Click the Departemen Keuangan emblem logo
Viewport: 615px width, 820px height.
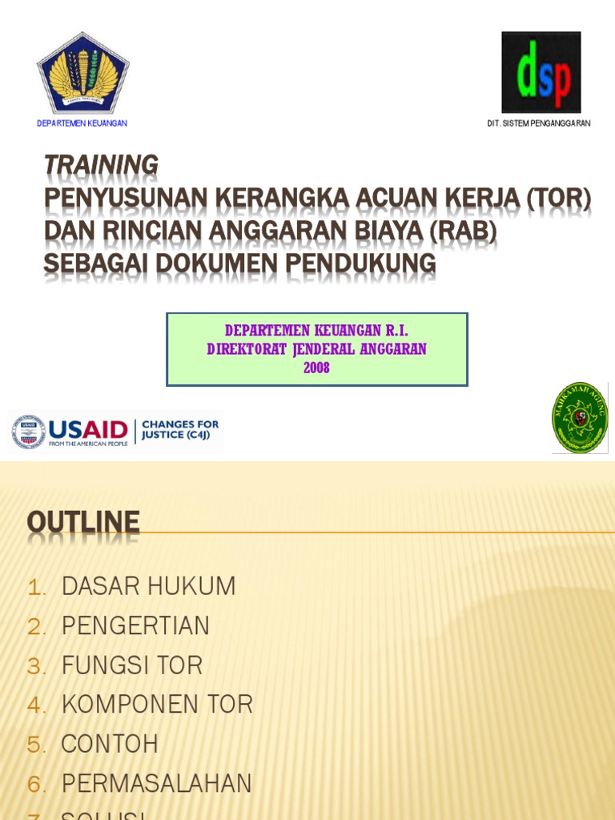pyautogui.click(x=82, y=74)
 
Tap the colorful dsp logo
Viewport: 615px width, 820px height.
pyautogui.click(x=541, y=72)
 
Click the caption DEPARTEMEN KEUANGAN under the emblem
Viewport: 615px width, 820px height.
pyautogui.click(x=82, y=123)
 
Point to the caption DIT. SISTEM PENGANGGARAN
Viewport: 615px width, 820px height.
pyautogui.click(x=538, y=123)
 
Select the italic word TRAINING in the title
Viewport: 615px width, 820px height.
pyautogui.click(x=101, y=165)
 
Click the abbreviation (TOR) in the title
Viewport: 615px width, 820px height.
pyautogui.click(x=558, y=198)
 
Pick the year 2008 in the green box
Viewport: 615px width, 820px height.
pyautogui.click(x=316, y=368)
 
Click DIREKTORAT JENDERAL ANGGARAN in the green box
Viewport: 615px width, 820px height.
pyautogui.click(x=316, y=349)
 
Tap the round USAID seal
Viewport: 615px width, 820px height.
pyautogui.click(x=29, y=432)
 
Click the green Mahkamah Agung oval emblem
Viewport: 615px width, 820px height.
pyautogui.click(x=580, y=418)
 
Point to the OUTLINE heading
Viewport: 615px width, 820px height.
pyautogui.click(x=83, y=523)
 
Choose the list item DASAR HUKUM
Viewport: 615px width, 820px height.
pyautogui.click(x=148, y=586)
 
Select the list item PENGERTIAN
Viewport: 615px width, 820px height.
pyautogui.click(x=135, y=625)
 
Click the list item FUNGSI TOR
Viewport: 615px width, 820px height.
pyautogui.click(x=132, y=665)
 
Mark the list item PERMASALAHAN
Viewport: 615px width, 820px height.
pyautogui.click(x=156, y=783)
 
